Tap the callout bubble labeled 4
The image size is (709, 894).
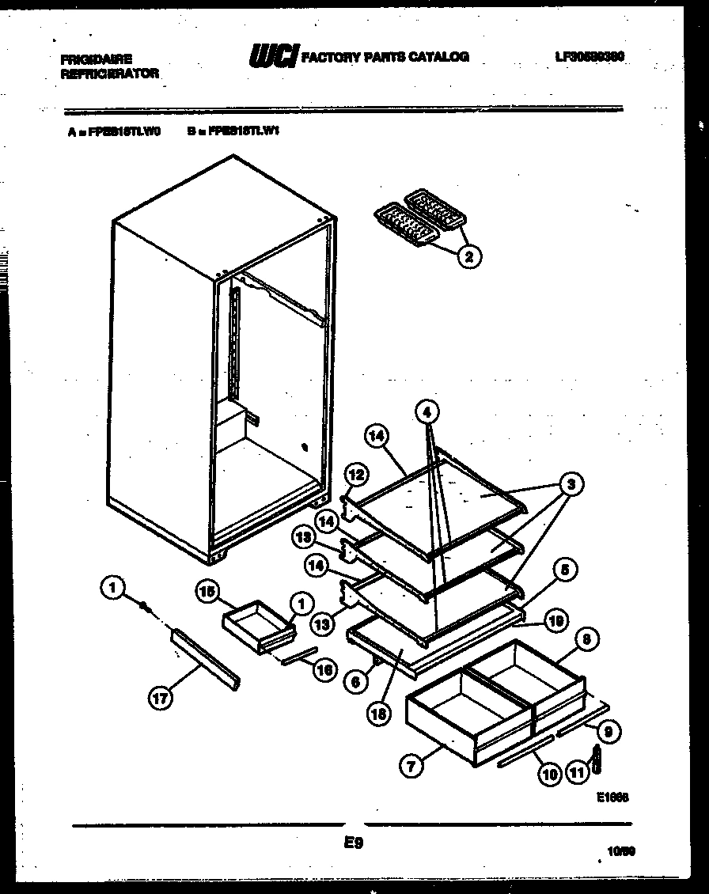click(427, 412)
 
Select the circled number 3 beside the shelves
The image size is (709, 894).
click(568, 483)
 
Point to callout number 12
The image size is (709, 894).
click(356, 475)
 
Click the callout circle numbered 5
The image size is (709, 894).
click(566, 568)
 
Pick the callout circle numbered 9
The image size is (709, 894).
click(608, 731)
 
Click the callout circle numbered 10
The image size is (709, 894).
click(549, 775)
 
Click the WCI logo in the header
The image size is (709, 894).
click(274, 56)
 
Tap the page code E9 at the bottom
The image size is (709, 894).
click(353, 844)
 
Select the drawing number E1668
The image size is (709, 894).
click(612, 799)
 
